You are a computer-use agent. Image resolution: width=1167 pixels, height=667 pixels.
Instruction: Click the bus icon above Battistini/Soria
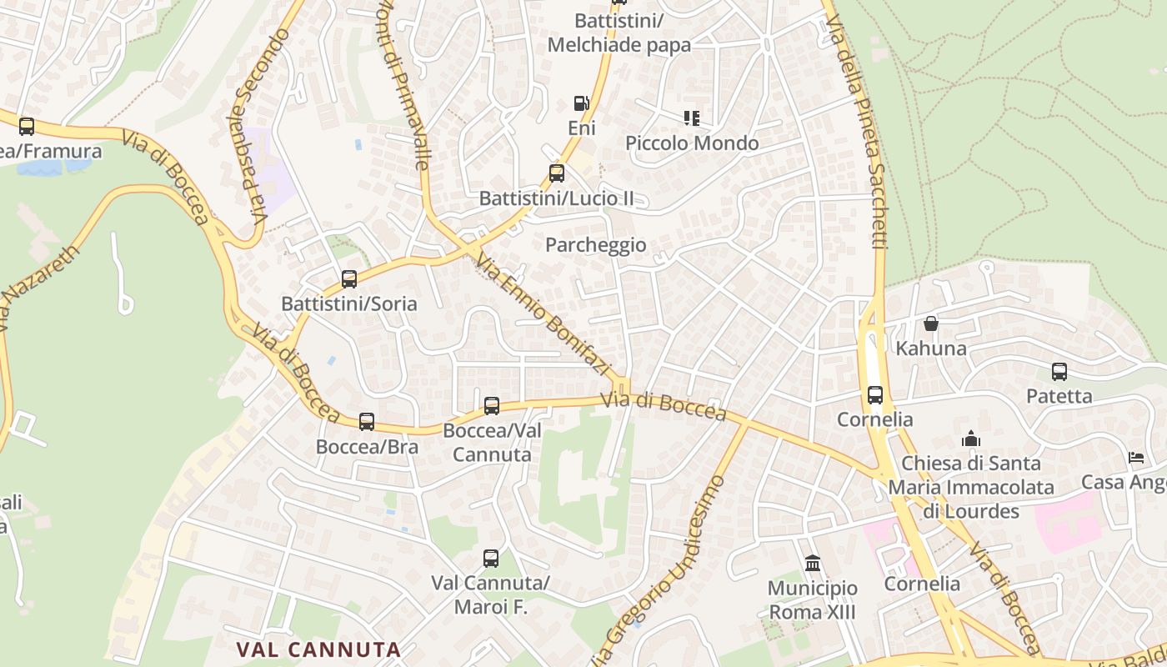pos(349,279)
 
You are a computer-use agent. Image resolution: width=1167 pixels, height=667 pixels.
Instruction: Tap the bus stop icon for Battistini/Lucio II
pos(557,173)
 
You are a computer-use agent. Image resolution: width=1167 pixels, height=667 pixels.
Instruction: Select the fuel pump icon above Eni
pos(581,103)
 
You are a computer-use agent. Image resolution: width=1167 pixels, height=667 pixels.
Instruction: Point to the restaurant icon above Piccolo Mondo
pos(691,118)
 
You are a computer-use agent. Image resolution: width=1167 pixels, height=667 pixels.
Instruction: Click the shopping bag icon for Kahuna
pos(931,323)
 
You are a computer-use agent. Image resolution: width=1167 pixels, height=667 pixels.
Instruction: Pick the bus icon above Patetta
pos(1059,372)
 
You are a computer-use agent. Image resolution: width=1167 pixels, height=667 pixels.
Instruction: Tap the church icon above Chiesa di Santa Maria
pos(970,439)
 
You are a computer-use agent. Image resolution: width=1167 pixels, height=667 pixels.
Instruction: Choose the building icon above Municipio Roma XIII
pos(813,564)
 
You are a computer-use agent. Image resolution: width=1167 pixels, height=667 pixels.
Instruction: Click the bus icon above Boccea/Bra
pos(367,422)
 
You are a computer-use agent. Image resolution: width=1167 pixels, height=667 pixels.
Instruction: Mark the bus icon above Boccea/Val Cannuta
pos(492,406)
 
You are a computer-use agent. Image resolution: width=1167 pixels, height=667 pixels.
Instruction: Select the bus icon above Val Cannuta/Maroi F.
pos(491,559)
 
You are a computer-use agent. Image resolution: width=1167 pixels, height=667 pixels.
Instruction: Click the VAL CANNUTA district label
pos(318,649)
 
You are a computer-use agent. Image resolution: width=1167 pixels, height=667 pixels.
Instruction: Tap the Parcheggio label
pos(596,244)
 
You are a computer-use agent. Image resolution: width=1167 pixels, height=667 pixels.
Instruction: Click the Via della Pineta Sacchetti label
pos(867,133)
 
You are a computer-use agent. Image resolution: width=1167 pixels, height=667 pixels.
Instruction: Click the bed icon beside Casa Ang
pos(1136,457)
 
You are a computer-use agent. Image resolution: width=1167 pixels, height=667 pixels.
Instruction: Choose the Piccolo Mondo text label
pos(692,143)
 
